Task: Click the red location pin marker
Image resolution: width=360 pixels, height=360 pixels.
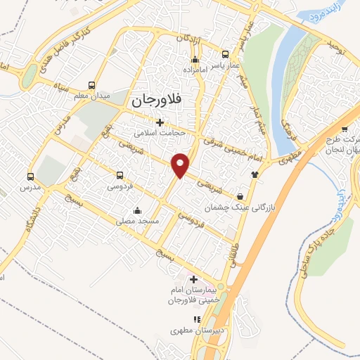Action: point(181,165)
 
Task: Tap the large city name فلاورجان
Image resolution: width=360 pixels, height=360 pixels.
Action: point(157,101)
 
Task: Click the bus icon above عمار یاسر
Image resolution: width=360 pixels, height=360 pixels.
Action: point(225,54)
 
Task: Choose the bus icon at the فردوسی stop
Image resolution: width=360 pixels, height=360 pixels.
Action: point(120,176)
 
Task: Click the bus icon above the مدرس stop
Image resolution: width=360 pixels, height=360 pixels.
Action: point(30,176)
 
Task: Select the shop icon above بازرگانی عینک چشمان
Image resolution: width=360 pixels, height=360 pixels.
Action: point(242,197)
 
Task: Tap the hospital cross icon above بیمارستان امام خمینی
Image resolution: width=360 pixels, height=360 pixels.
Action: point(194,278)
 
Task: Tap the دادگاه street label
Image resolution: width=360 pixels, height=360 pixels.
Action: point(32,223)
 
